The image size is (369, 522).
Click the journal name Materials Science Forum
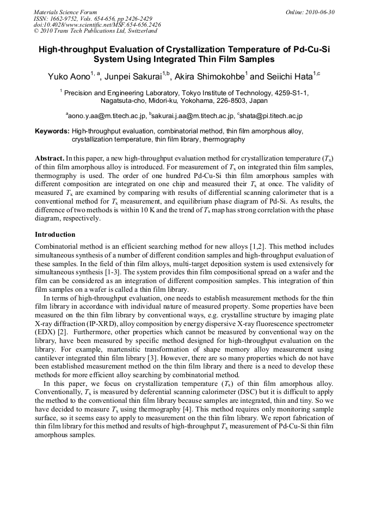65,12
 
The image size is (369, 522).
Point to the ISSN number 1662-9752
64,19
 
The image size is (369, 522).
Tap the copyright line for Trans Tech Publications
95,32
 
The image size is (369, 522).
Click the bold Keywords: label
52,132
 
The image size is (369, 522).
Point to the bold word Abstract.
50,157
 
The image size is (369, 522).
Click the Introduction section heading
55,235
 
